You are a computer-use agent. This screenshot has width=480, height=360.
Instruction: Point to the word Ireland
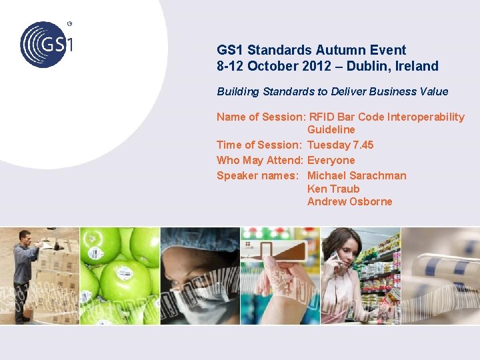(418, 66)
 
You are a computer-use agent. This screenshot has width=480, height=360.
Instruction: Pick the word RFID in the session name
(321, 117)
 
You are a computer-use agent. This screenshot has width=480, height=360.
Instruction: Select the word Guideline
(331, 129)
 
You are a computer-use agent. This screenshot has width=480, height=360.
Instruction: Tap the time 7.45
(363, 145)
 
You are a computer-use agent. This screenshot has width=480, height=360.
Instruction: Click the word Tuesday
(328, 145)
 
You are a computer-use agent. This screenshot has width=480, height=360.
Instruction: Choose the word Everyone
(331, 160)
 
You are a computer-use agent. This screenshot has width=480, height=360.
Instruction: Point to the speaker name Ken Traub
(333, 189)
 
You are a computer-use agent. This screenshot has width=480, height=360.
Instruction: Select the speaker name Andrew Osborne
(349, 201)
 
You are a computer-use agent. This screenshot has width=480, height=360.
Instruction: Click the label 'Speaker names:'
(257, 175)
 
